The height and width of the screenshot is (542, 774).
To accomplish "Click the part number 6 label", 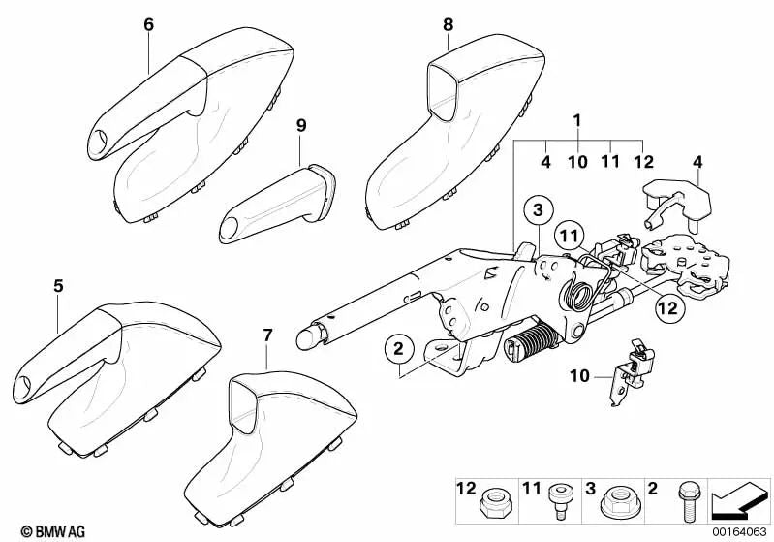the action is (x=148, y=24).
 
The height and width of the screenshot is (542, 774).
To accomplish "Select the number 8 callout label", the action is (x=448, y=24).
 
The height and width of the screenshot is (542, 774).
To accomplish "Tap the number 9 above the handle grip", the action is (x=301, y=125).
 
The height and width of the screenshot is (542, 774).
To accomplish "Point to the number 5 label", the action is (x=59, y=286).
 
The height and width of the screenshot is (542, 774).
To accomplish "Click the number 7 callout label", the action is (x=267, y=336).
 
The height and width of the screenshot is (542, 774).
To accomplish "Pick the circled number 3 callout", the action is (x=538, y=210).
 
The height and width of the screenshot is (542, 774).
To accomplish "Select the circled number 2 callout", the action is (x=399, y=349).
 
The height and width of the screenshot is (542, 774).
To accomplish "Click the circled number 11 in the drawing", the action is (x=569, y=236).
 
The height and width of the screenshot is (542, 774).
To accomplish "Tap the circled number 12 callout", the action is (x=670, y=308).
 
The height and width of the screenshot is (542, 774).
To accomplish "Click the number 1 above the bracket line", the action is (x=577, y=120).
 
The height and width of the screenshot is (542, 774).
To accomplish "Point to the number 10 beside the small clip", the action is (x=580, y=376).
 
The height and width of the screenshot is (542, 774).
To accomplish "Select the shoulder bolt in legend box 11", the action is (x=560, y=501).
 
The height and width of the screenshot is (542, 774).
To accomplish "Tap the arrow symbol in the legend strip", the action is (x=739, y=500).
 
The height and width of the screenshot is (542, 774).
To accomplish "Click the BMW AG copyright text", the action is (x=53, y=531).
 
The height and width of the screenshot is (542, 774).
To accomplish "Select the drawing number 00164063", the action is (x=739, y=532).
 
